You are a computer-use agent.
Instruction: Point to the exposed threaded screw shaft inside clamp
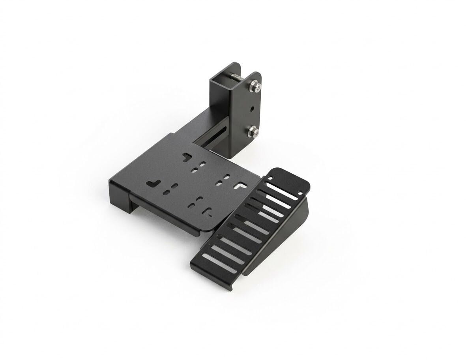click(x=236, y=78)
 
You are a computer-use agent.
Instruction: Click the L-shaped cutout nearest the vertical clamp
click(x=186, y=157)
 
